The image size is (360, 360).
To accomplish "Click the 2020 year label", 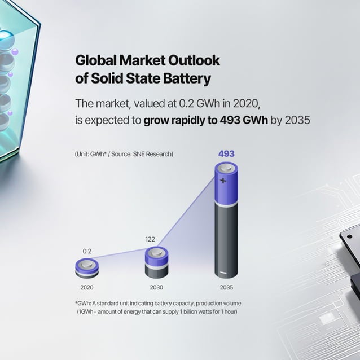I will coord(87,287).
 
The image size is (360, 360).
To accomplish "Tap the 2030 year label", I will coord(157,287).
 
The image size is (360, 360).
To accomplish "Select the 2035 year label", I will coord(226,287).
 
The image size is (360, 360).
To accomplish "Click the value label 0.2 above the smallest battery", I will coord(87,251).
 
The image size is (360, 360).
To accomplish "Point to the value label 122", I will coord(150,239).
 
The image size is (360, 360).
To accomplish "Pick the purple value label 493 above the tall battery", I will coord(226,153).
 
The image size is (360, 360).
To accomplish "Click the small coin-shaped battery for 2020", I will coord(87,267).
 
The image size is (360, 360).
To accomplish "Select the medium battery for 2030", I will coord(157,263).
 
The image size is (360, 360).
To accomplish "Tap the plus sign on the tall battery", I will coord(223,181).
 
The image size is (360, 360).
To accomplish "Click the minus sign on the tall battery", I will coord(223,273).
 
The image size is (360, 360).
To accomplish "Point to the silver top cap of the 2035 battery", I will coord(226,168).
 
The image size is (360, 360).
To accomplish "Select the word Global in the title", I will coord(94,61).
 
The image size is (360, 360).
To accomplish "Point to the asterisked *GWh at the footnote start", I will coord(83,303).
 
